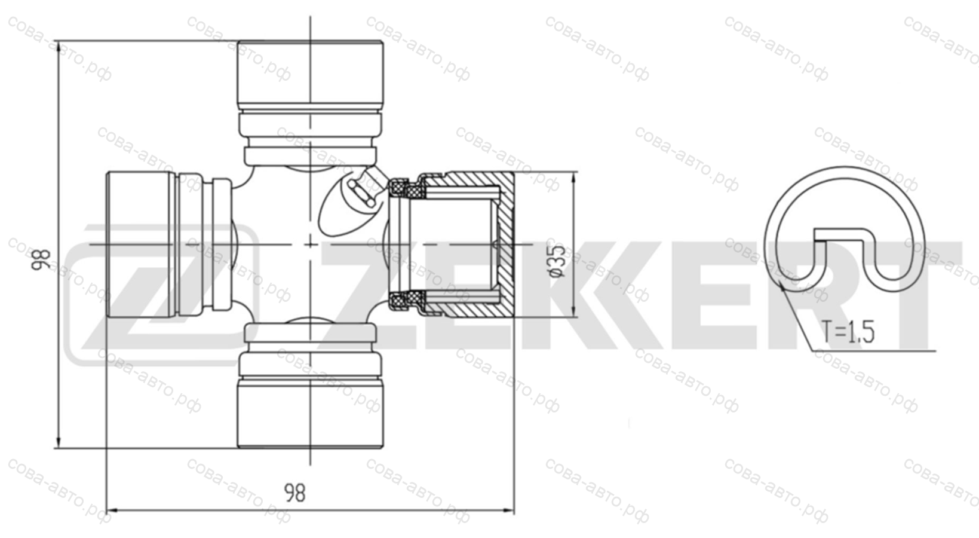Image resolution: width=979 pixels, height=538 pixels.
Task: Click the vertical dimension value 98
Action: point(42,259)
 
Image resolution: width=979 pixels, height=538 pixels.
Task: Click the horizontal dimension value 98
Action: point(295,493)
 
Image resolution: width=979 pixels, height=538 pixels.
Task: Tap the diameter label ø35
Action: point(557,261)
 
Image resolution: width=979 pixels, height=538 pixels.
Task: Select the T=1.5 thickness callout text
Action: point(848,332)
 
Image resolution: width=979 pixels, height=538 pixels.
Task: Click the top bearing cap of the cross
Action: point(311,74)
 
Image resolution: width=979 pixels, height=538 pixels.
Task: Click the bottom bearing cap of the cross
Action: point(311,414)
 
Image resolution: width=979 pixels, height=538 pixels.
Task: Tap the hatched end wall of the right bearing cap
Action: point(506,244)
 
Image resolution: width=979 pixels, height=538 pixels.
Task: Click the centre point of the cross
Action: point(311,244)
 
